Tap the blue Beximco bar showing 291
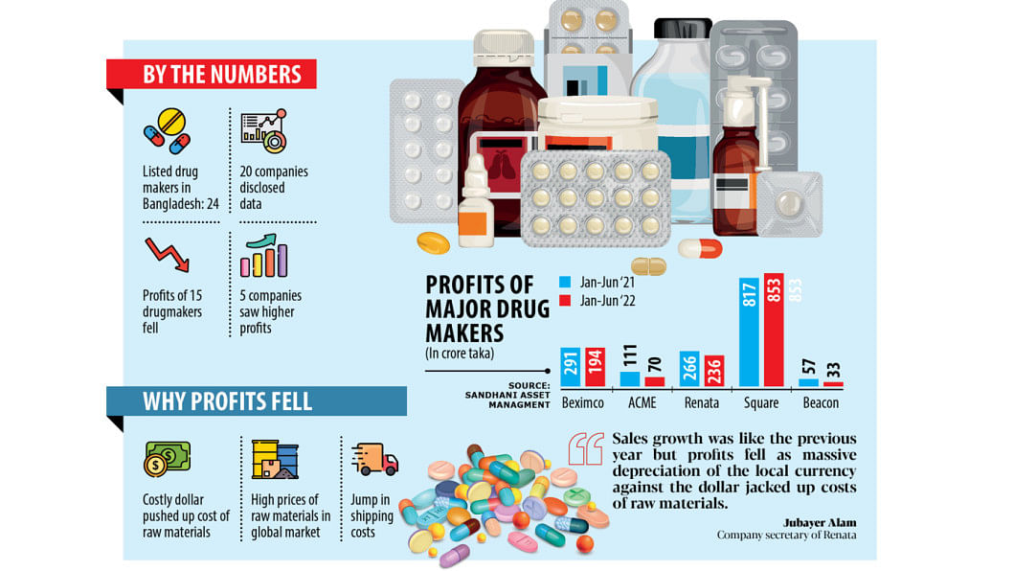click(x=571, y=367)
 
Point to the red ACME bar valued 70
click(x=655, y=380)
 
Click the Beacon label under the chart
click(x=821, y=403)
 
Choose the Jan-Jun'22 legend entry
click(x=600, y=300)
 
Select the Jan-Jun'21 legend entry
click(x=600, y=283)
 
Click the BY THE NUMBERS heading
click(x=221, y=75)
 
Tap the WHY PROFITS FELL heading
click(x=227, y=400)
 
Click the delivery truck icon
click(x=374, y=461)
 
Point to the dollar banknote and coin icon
click(x=167, y=459)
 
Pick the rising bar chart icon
click(x=264, y=256)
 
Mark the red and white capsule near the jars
click(x=700, y=248)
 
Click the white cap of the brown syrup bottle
click(x=504, y=41)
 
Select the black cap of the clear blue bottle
click(x=682, y=28)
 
